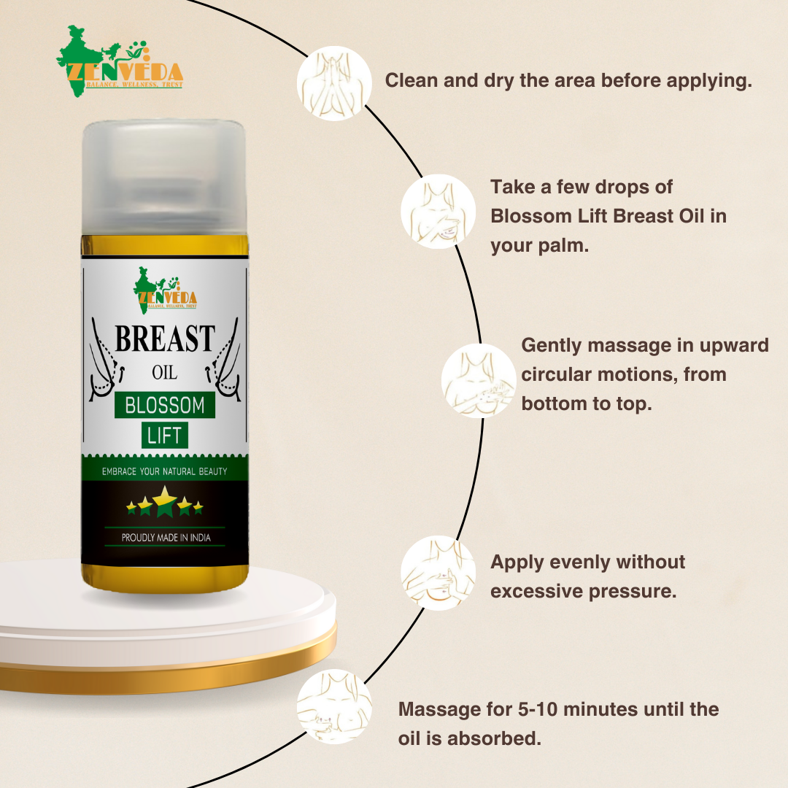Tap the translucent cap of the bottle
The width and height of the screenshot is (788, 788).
pos(164,179)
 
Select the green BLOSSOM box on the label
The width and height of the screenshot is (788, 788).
pos(165,405)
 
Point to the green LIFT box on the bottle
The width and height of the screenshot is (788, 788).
pos(165,436)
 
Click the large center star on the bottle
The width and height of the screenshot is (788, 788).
pos(165,501)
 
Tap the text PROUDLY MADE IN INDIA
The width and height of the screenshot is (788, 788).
pos(165,538)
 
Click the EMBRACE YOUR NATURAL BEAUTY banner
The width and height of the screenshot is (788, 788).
pos(165,471)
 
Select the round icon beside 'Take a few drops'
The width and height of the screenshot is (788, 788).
pos(438,212)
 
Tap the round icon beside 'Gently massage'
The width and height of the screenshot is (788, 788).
pos(479,380)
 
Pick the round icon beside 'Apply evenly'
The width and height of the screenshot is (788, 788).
pos(438,573)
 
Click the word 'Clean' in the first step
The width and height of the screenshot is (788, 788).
pos(411,80)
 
